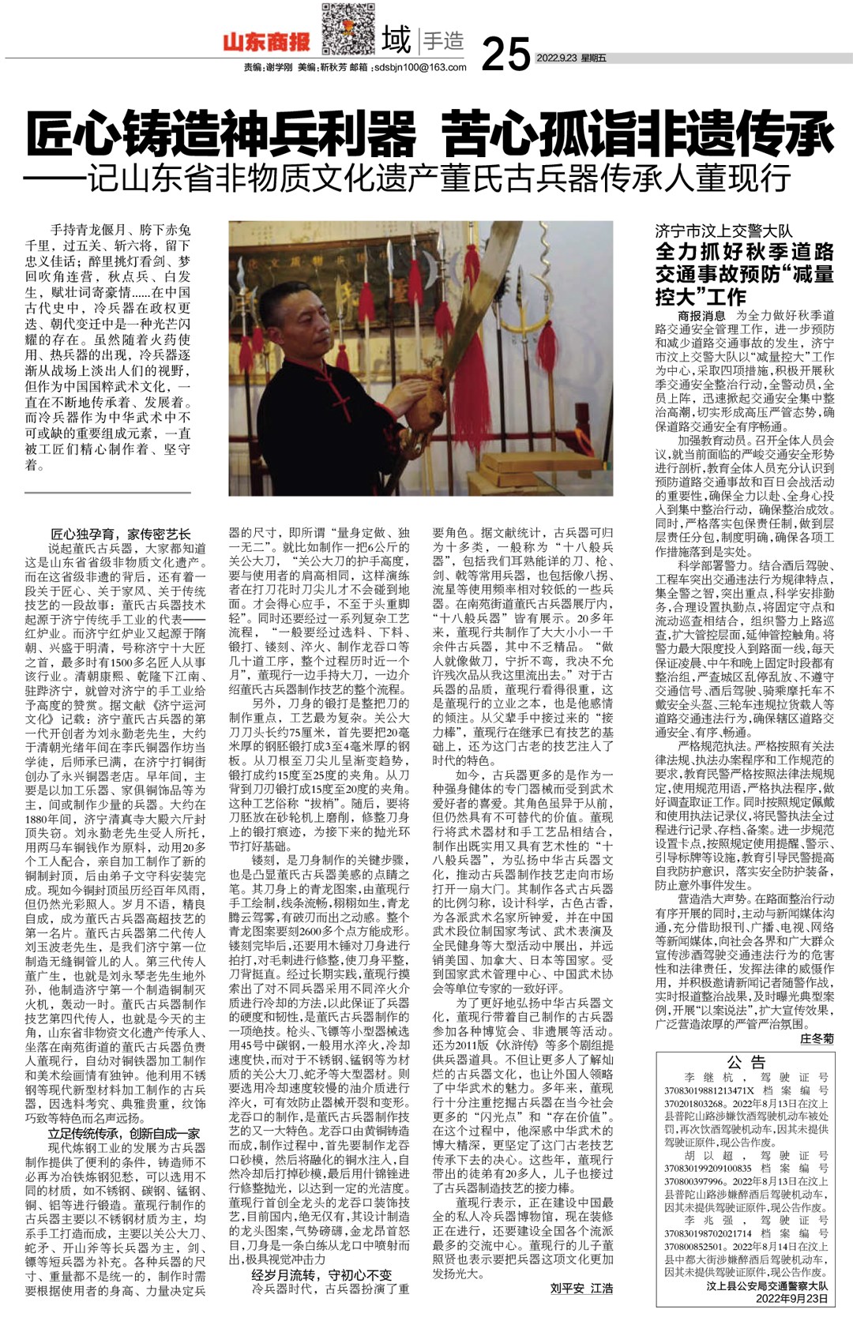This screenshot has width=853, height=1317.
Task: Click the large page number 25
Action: pyautogui.click(x=505, y=53)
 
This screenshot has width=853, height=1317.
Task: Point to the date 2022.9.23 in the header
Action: pyautogui.click(x=557, y=58)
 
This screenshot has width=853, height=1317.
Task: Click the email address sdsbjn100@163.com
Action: pyautogui.click(x=419, y=68)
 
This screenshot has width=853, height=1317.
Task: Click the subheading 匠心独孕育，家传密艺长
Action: pyautogui.click(x=120, y=535)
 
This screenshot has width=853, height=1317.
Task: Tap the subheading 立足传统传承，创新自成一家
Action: pyautogui.click(x=123, y=1134)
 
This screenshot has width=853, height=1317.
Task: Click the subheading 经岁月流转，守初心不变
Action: pyautogui.click(x=321, y=1274)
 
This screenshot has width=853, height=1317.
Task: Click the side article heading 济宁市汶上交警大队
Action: pyautogui.click(x=723, y=231)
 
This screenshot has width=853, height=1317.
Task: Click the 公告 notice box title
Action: pyautogui.click(x=746, y=1062)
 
